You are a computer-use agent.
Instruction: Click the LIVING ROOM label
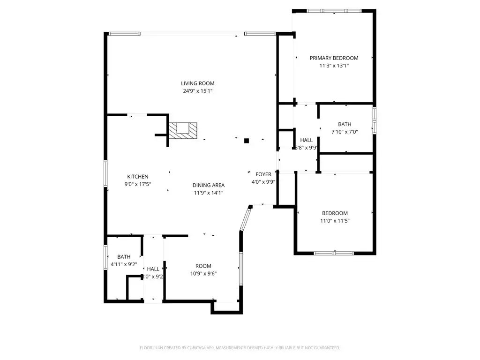(197, 83)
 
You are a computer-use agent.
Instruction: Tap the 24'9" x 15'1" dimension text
(197, 91)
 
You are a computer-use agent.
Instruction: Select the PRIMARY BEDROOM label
(334, 58)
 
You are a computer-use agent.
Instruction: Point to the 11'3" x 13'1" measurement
(334, 66)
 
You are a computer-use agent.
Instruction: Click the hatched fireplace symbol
(183, 130)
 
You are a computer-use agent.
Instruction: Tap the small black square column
(247, 140)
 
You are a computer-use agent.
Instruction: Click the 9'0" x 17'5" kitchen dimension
(138, 184)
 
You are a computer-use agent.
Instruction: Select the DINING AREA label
(209, 185)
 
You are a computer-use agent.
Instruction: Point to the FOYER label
(263, 174)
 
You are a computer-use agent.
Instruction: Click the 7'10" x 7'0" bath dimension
(345, 132)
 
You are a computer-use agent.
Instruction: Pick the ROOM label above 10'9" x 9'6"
(203, 266)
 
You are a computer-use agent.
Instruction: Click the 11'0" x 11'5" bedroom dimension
(335, 220)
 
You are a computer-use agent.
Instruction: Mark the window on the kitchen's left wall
(105, 173)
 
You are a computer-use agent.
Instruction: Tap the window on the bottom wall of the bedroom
(334, 253)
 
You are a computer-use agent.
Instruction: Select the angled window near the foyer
(245, 219)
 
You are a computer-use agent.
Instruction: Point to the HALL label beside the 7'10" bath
(306, 140)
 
